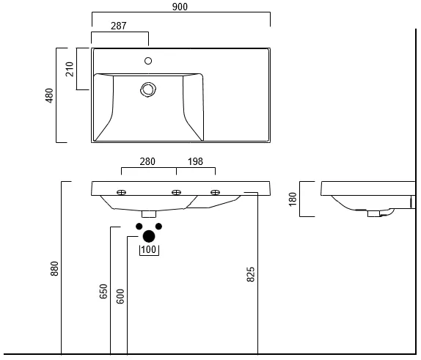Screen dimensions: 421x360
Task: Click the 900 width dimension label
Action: coord(180,7)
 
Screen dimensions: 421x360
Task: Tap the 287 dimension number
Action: coord(118,26)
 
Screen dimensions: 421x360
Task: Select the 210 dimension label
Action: coord(70,69)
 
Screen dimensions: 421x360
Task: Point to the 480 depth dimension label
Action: coord(49,95)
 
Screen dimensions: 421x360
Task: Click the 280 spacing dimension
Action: coord(147,161)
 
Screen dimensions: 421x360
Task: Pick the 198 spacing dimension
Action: coord(195,161)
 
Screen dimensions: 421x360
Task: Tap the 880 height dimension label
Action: coord(54,268)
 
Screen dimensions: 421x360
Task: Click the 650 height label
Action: coord(103,291)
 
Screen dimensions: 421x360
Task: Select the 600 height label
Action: coord(120,296)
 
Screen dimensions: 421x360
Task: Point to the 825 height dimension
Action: coord(251,274)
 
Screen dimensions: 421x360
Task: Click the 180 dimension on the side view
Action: coord(293,199)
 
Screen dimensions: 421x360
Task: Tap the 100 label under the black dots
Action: coord(148,250)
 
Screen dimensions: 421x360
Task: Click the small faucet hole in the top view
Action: coord(148,61)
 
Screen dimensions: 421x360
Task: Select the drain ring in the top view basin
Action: coord(148,89)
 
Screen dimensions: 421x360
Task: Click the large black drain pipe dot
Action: coord(149,236)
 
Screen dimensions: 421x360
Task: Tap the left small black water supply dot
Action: coord(139,227)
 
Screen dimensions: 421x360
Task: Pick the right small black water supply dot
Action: coord(158,227)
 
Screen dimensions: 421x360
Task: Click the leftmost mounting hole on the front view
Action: coord(121,192)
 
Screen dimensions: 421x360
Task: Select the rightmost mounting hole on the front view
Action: coord(216,192)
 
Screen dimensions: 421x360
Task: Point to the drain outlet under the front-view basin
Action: coord(149,213)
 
